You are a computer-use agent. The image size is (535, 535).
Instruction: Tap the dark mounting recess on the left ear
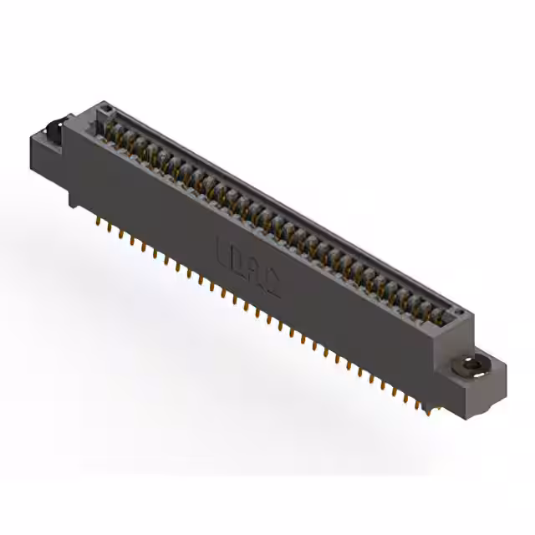53,132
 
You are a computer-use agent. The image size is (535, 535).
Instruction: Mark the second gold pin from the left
110,229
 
